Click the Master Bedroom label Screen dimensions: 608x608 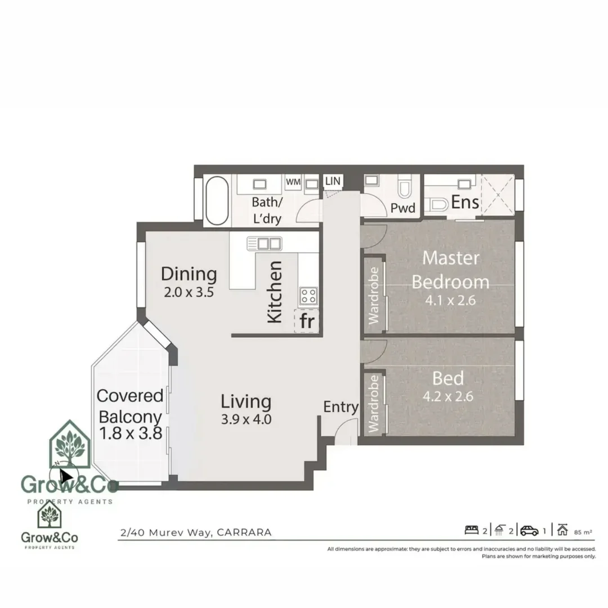(x=450, y=270)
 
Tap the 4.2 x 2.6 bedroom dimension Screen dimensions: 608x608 (x=448, y=396)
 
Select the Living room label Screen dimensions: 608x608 (x=246, y=401)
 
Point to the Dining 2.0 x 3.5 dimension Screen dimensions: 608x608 (x=189, y=293)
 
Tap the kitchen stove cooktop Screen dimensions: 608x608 (x=308, y=295)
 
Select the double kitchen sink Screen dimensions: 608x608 (x=264, y=244)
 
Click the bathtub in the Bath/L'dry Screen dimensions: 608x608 (x=217, y=201)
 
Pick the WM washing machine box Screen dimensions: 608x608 (x=293, y=182)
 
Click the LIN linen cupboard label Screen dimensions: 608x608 (x=333, y=181)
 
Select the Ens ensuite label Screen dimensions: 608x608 (x=465, y=202)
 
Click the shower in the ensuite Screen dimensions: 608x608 (x=498, y=194)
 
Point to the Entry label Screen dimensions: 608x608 (x=341, y=407)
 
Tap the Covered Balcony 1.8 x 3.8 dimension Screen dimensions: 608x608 (x=131, y=433)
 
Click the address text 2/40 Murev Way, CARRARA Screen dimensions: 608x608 (x=196, y=532)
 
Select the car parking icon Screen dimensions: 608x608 (x=529, y=530)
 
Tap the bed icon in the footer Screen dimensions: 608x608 (x=471, y=530)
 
